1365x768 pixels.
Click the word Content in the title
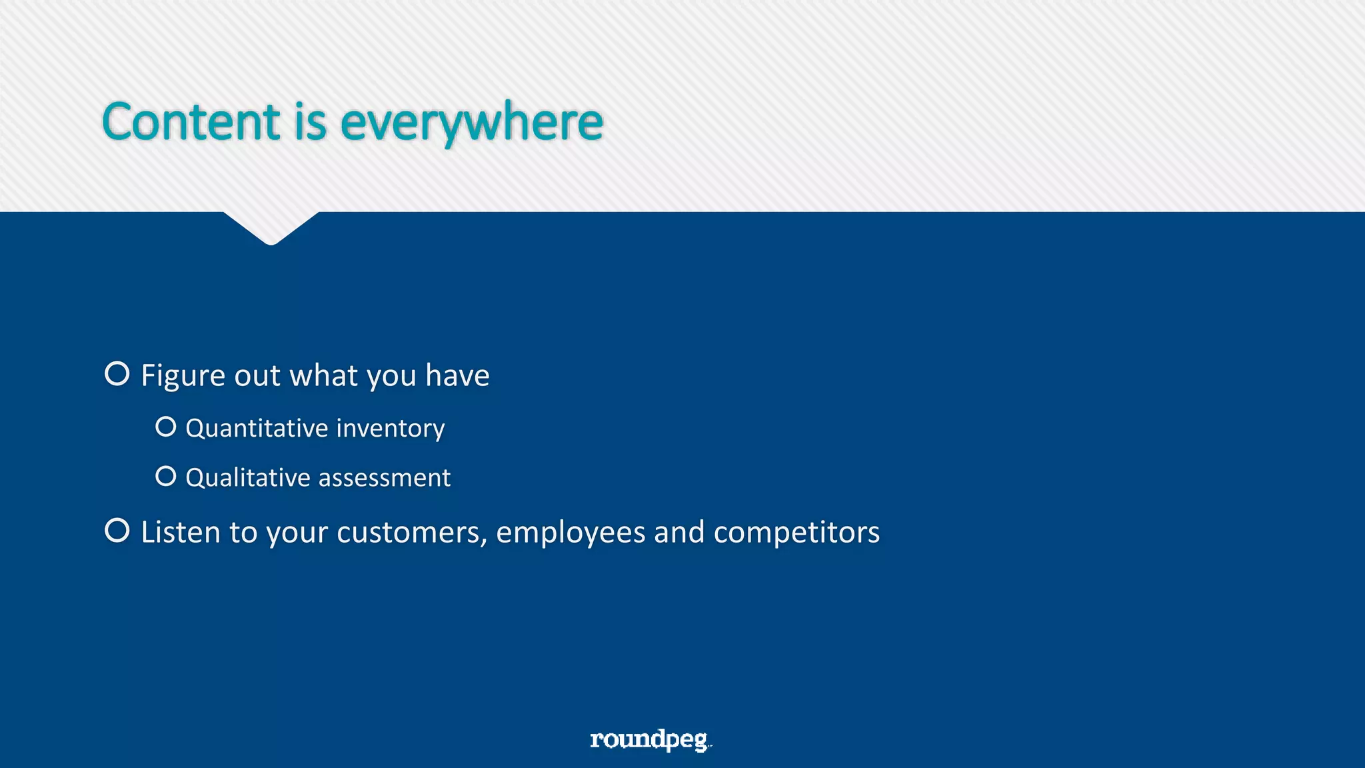[x=191, y=123]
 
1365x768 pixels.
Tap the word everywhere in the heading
[x=472, y=124]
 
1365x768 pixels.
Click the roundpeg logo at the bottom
[x=650, y=739]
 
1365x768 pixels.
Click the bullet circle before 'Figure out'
[x=117, y=374]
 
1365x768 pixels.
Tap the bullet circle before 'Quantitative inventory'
[x=166, y=427]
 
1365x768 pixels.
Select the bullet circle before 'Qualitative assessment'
[x=166, y=476]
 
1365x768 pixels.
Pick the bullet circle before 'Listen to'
[x=117, y=531]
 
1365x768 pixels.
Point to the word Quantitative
[x=257, y=429]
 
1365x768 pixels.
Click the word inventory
[x=390, y=429]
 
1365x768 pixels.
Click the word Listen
[x=180, y=533]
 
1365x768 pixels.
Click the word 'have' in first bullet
[x=457, y=376]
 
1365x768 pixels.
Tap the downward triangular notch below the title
[x=271, y=227]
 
